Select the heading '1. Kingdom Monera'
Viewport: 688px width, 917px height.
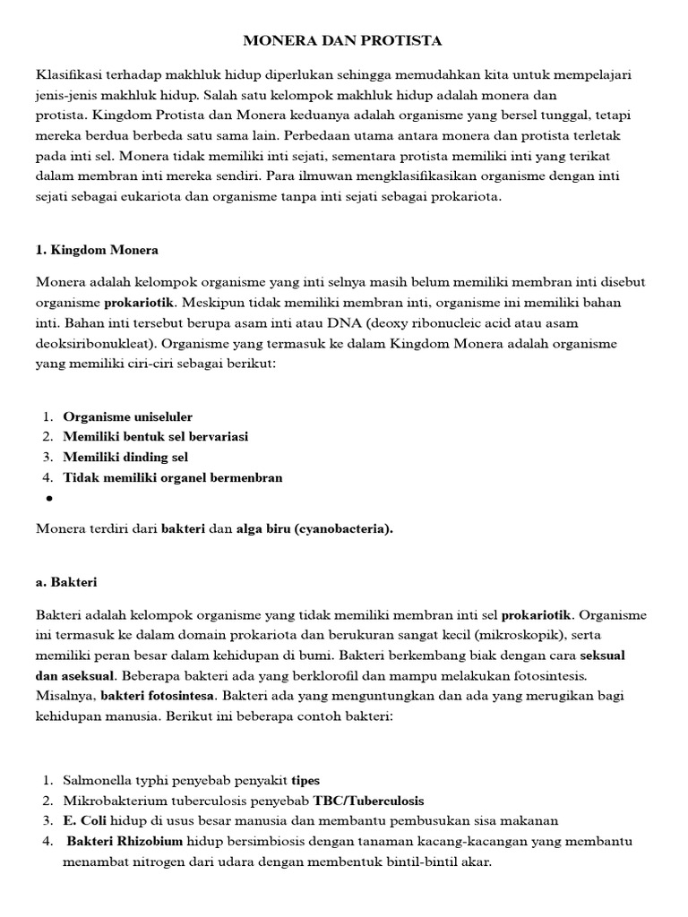98,250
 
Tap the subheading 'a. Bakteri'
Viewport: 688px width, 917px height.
66,582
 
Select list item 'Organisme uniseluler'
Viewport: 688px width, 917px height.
127,416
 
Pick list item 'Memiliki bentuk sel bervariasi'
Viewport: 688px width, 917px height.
155,437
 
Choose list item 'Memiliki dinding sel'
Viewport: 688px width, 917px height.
125,458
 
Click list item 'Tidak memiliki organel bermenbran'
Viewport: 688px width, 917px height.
172,477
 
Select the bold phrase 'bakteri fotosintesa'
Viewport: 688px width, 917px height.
158,696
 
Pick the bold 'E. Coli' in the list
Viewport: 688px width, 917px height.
82,821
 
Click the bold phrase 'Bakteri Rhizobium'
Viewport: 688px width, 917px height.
125,842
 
